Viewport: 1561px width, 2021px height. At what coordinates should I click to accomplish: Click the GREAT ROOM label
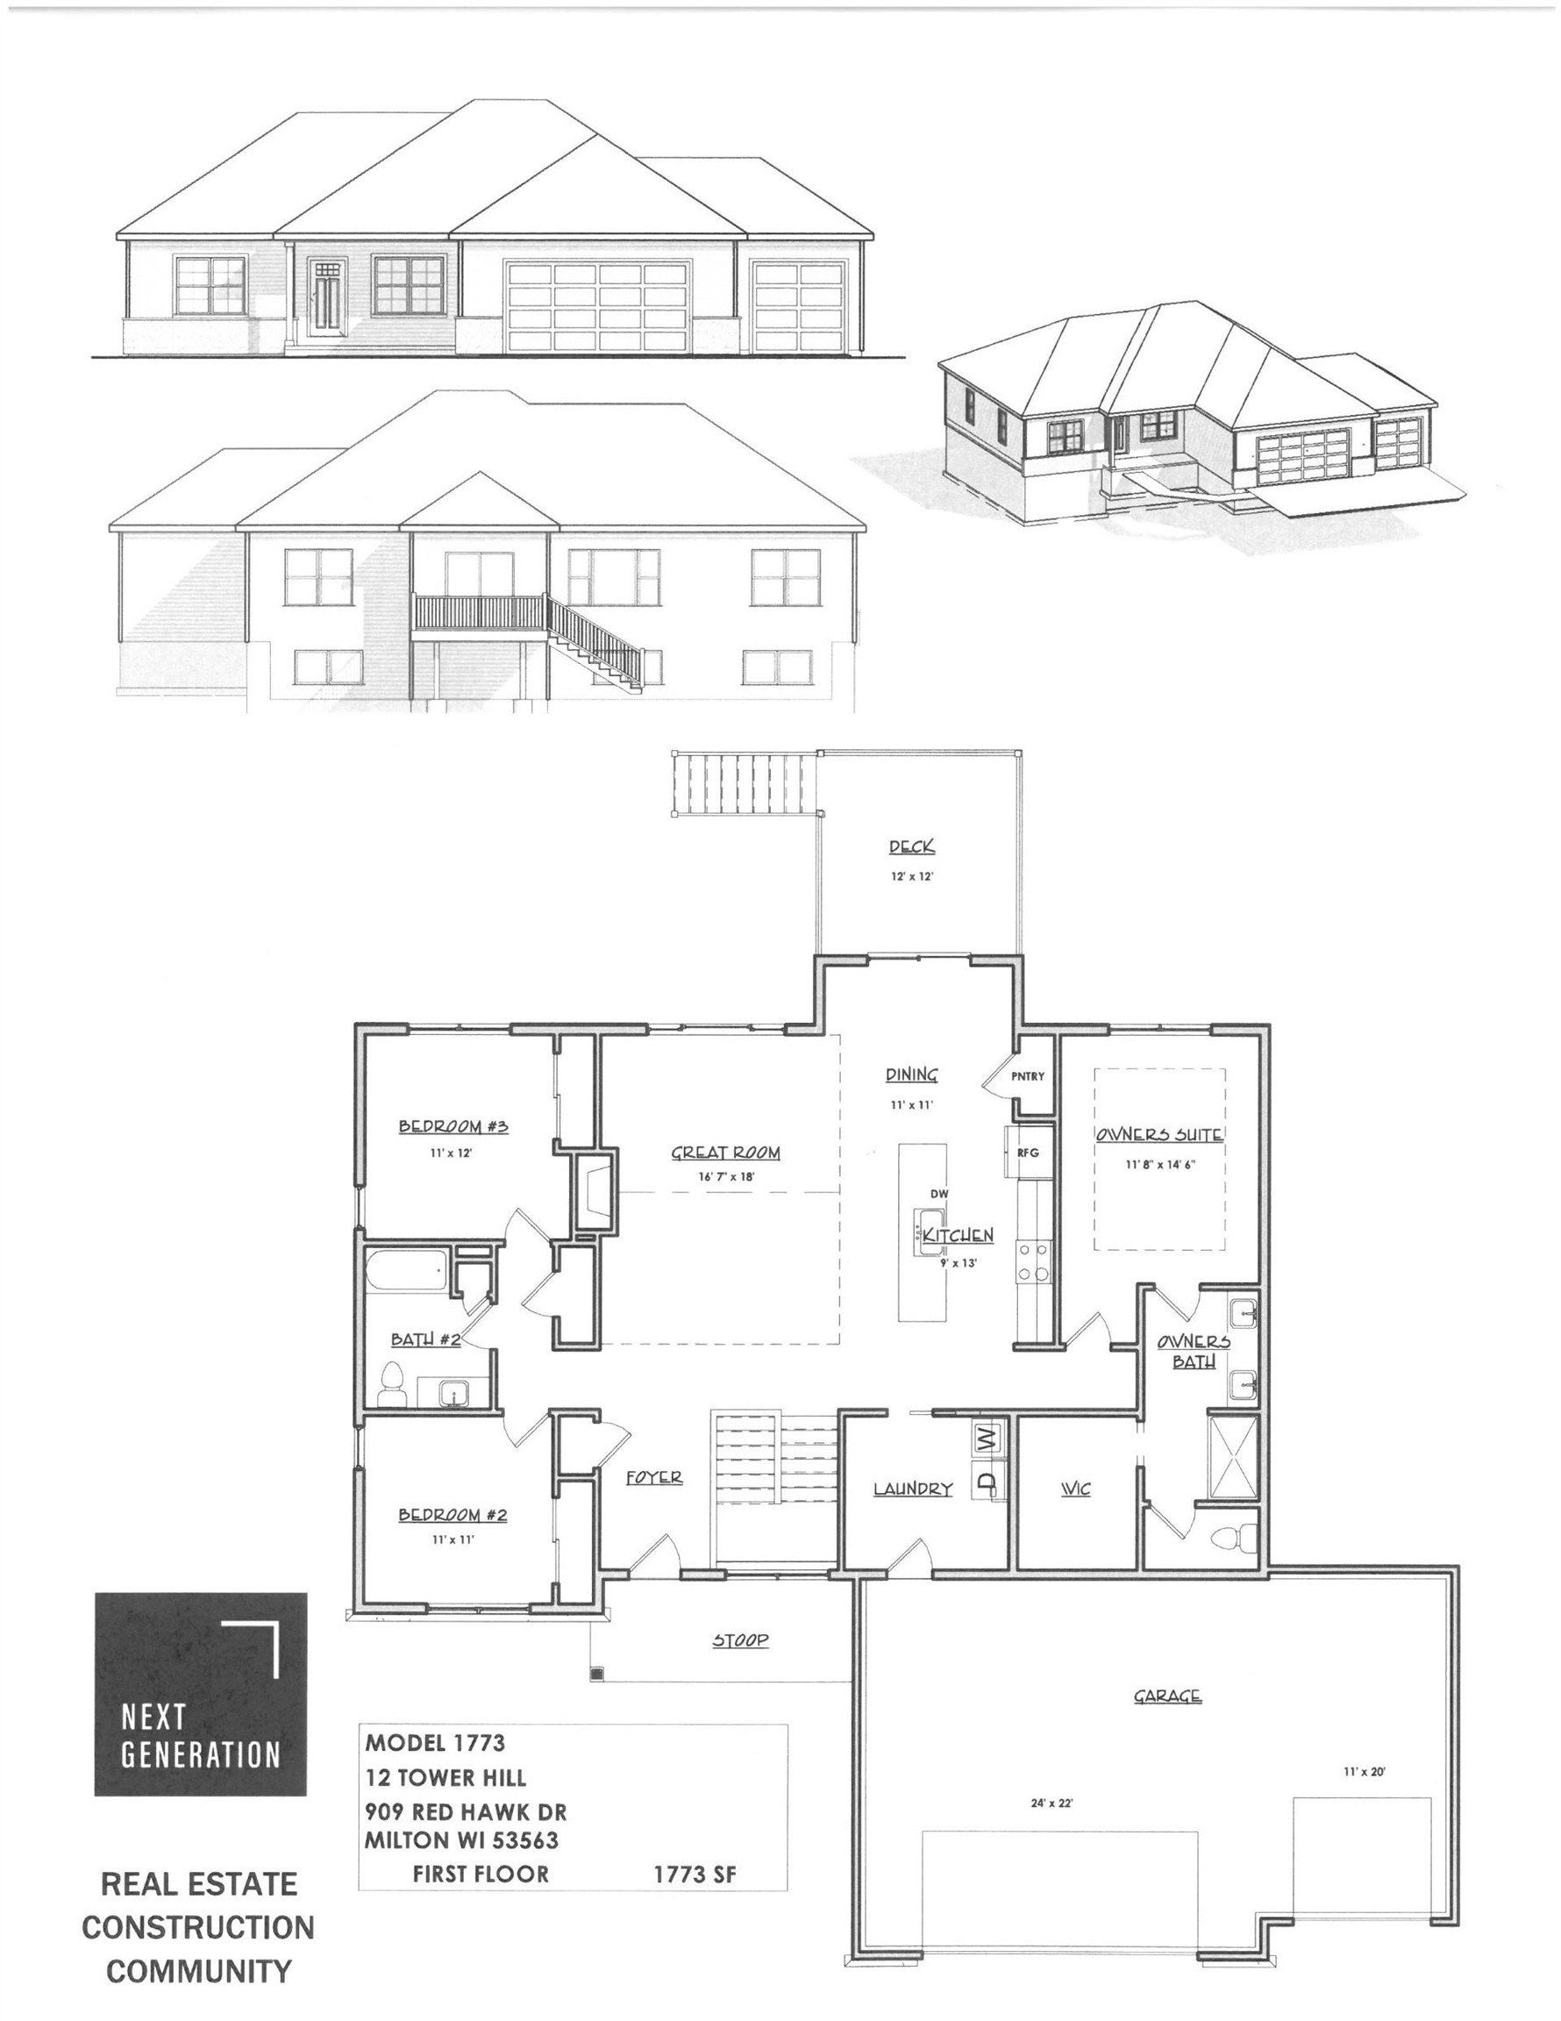725,1153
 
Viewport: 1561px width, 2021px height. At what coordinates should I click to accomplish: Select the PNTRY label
1027,1076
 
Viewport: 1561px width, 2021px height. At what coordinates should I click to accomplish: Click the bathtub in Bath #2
407,1273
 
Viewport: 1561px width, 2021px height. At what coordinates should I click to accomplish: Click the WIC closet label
1075,1489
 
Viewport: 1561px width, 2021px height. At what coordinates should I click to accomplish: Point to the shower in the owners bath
1233,1456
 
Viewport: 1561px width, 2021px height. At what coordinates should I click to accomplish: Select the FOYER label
654,1477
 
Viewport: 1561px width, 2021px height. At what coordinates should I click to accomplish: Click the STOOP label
740,1640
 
